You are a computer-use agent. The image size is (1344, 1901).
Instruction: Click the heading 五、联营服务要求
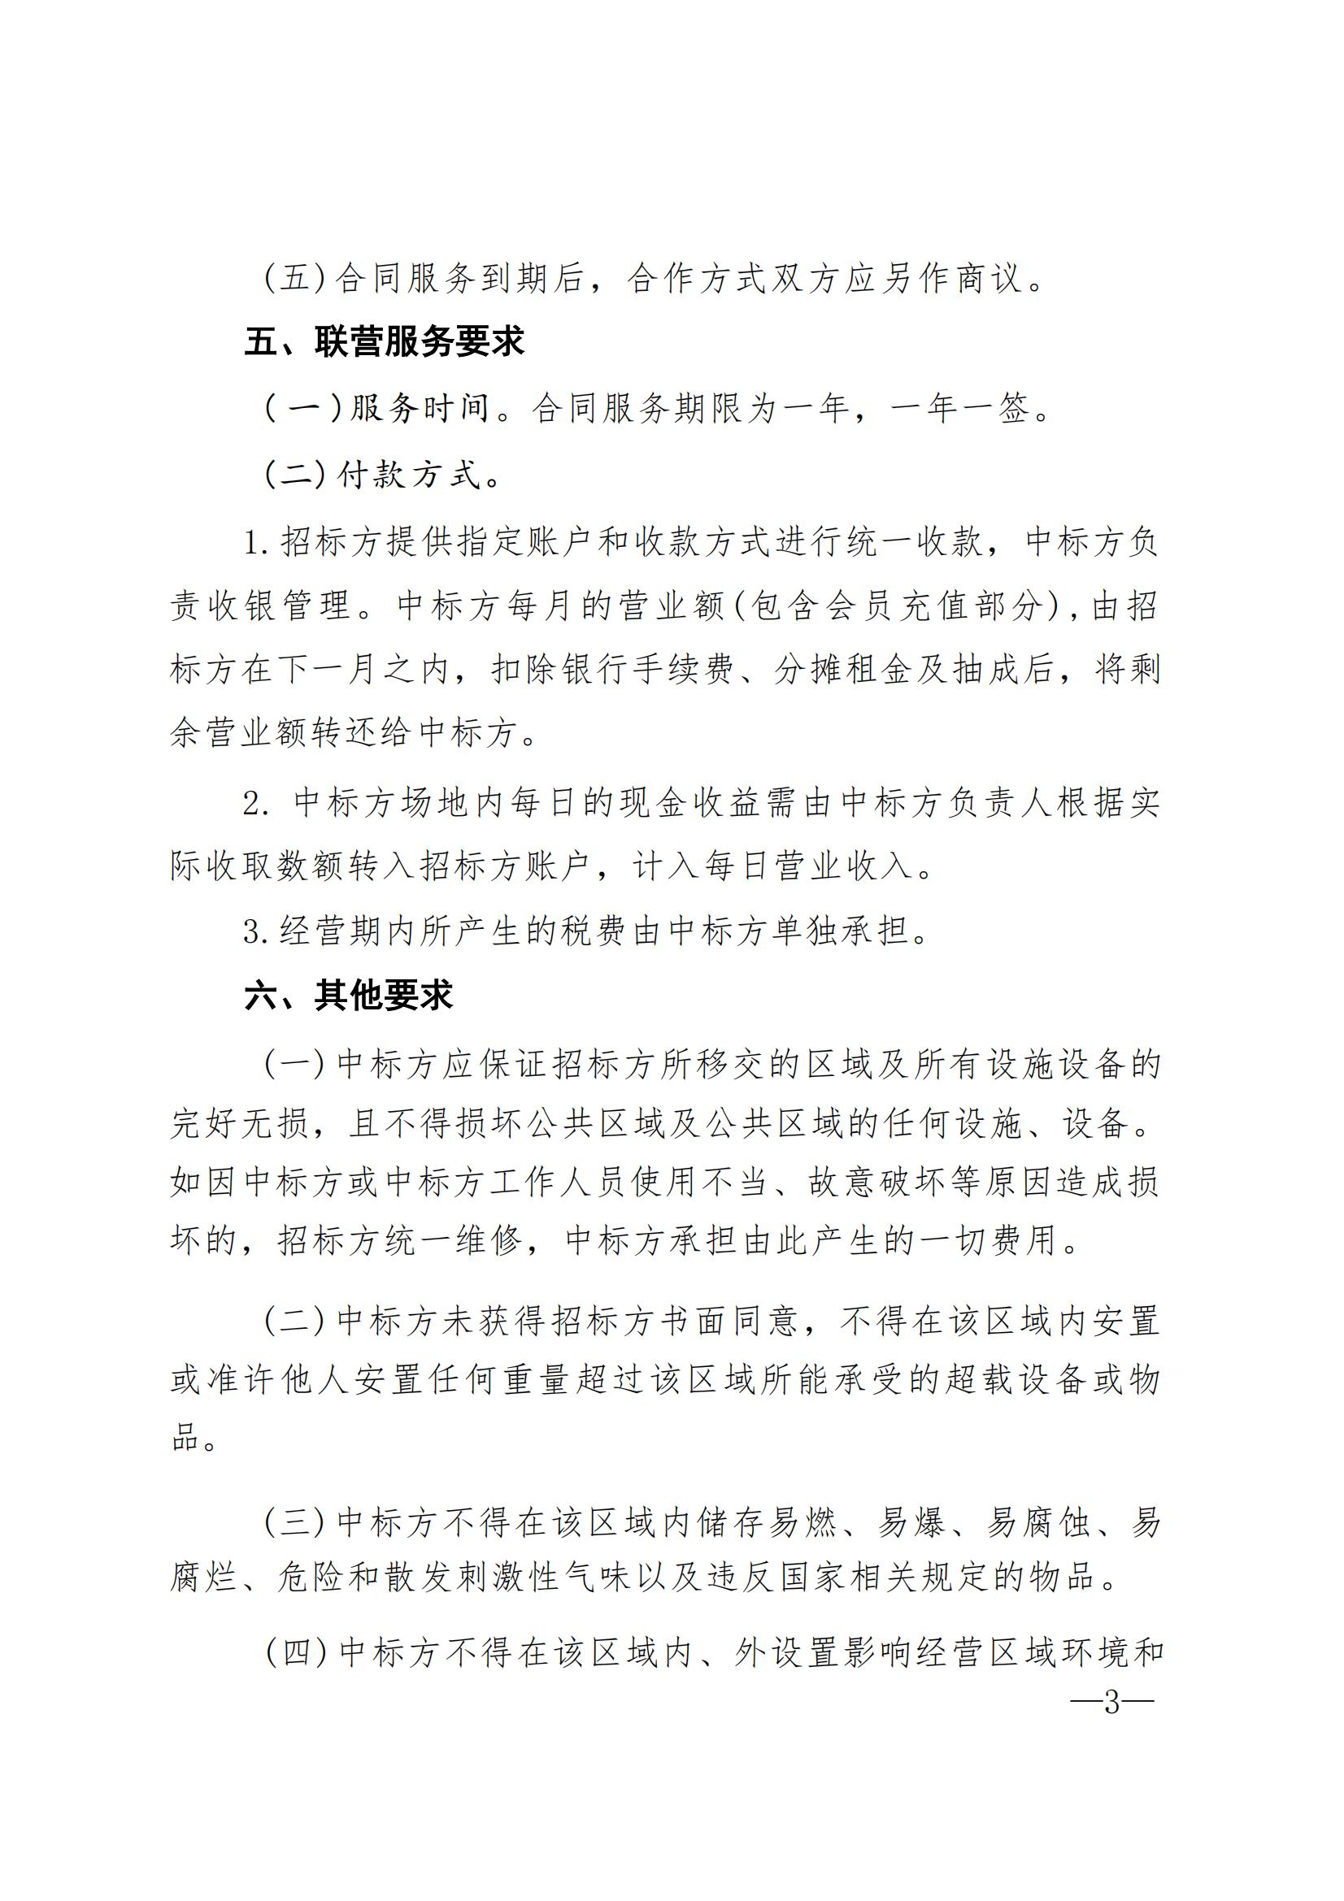[x=385, y=342]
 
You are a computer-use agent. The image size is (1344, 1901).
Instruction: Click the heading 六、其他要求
[x=349, y=996]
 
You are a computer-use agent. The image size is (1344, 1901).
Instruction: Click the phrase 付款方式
[x=409, y=475]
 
